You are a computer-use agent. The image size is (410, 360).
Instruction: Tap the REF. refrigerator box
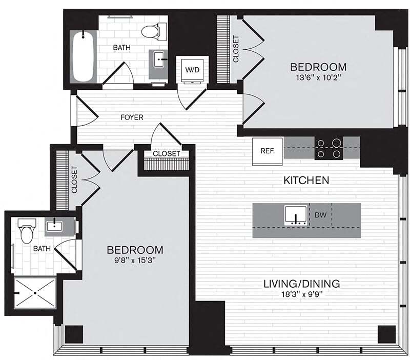click(268, 151)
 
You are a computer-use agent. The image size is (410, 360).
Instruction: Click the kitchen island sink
click(296, 215)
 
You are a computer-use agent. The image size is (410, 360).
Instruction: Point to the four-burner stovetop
click(329, 148)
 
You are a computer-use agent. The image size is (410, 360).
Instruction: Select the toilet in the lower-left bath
click(25, 232)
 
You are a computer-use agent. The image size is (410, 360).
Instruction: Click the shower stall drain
click(35, 293)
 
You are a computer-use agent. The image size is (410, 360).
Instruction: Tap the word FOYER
click(132, 117)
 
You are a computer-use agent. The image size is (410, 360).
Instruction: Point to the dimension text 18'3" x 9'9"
click(302, 294)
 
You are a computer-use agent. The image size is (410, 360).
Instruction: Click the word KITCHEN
click(306, 180)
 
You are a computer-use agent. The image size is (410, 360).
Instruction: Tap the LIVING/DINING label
click(302, 284)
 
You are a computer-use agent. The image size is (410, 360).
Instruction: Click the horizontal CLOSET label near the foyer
click(166, 153)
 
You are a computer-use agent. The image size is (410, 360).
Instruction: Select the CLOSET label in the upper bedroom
click(236, 49)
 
